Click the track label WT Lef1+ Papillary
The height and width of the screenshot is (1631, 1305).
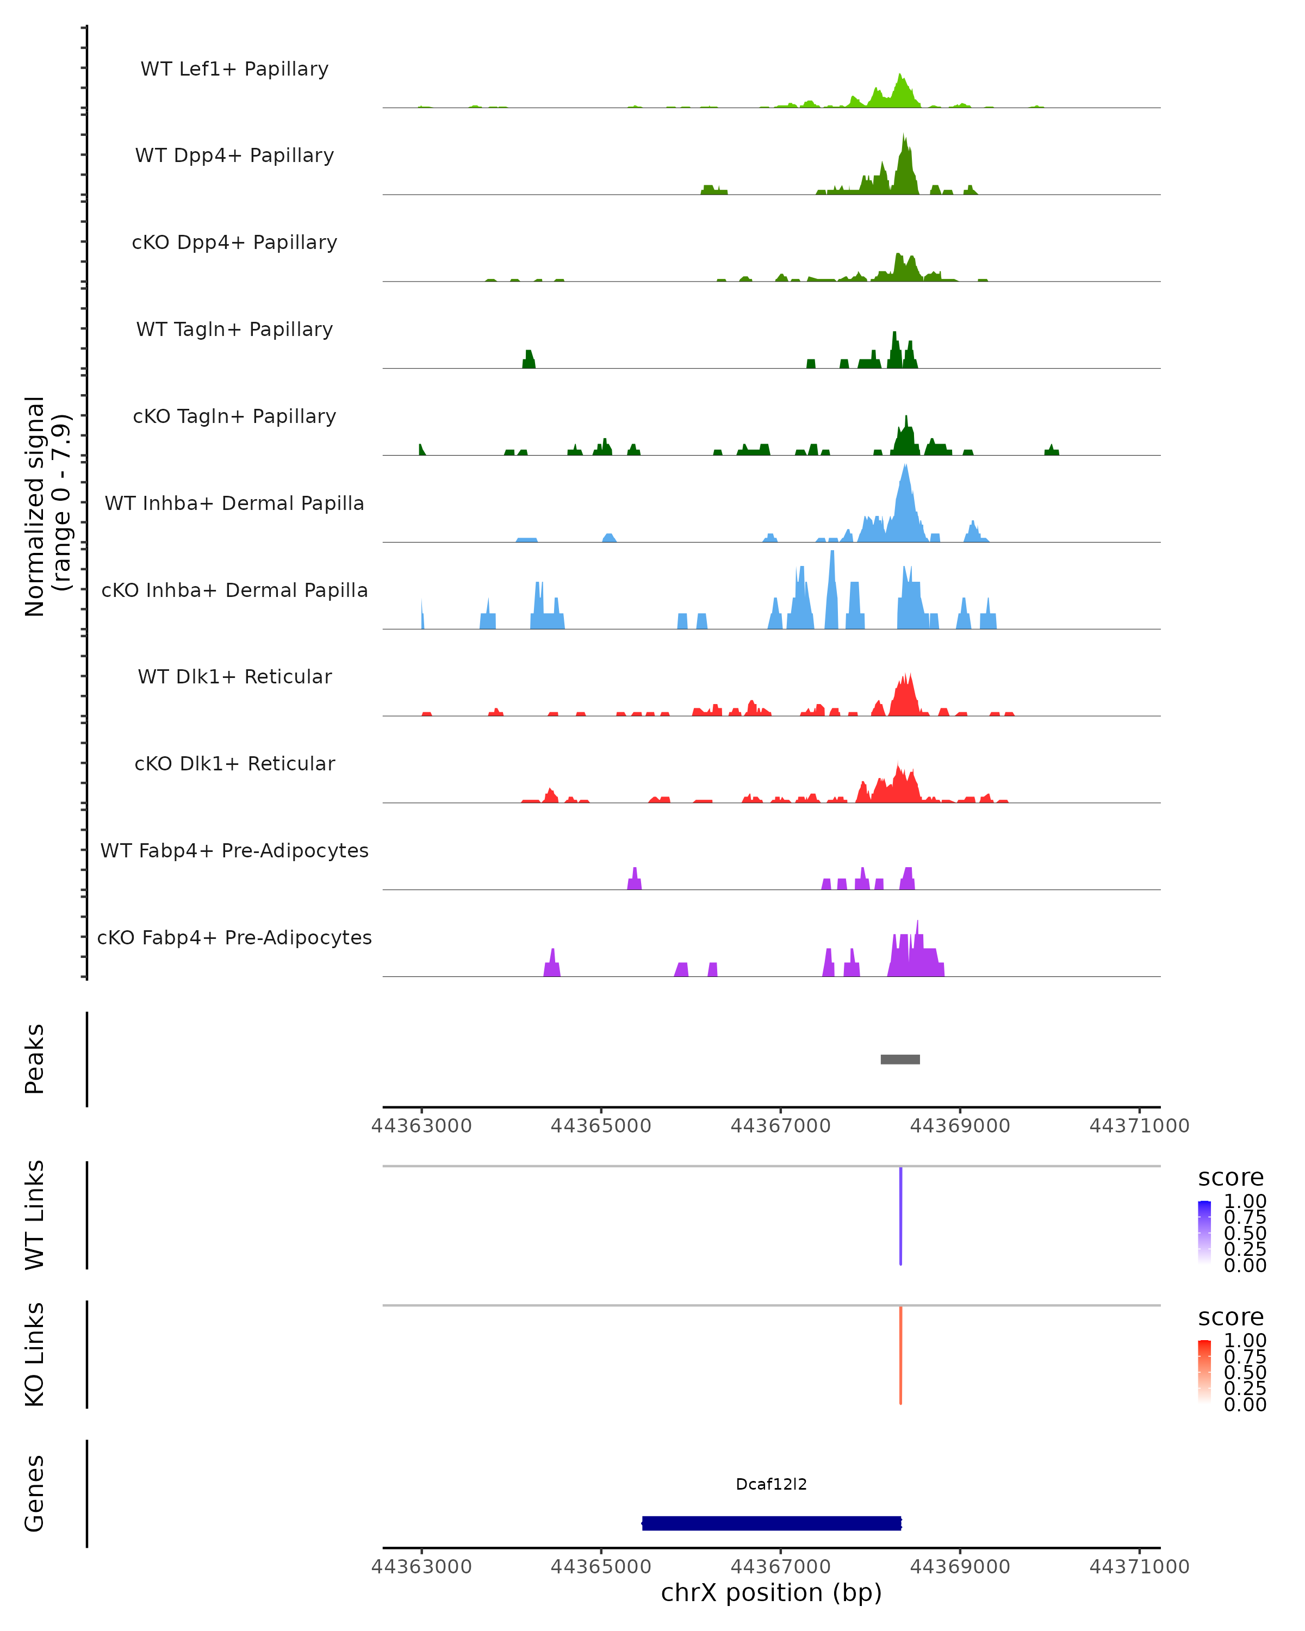(234, 69)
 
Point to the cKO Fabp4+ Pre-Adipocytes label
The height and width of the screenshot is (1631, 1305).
(234, 937)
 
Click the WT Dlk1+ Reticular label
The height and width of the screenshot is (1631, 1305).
(234, 676)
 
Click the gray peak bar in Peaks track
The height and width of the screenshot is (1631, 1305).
(900, 1059)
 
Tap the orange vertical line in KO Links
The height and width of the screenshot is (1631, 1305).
(900, 1355)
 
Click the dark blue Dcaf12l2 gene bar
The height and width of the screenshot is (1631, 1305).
(772, 1523)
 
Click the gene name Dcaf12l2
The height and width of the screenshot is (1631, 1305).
(772, 1484)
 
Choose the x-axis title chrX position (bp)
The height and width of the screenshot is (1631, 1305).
(772, 1592)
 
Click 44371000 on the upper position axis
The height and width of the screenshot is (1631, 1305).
(1139, 1126)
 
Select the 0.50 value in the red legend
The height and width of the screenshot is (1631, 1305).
(1245, 1372)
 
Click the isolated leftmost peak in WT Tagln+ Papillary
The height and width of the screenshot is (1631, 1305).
(529, 359)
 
